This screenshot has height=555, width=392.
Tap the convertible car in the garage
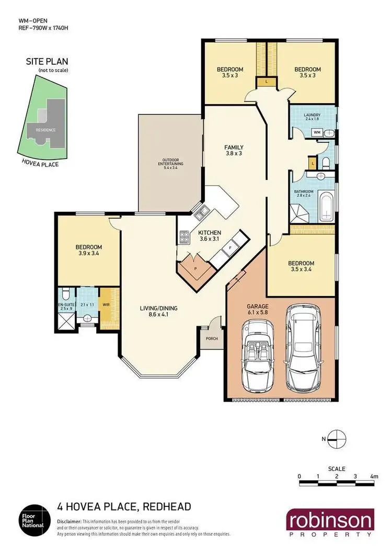256,356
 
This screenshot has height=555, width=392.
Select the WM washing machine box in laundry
317,133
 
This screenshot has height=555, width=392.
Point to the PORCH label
212,338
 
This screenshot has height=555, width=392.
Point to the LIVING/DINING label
159,311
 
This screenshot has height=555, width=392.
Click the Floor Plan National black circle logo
34,520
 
